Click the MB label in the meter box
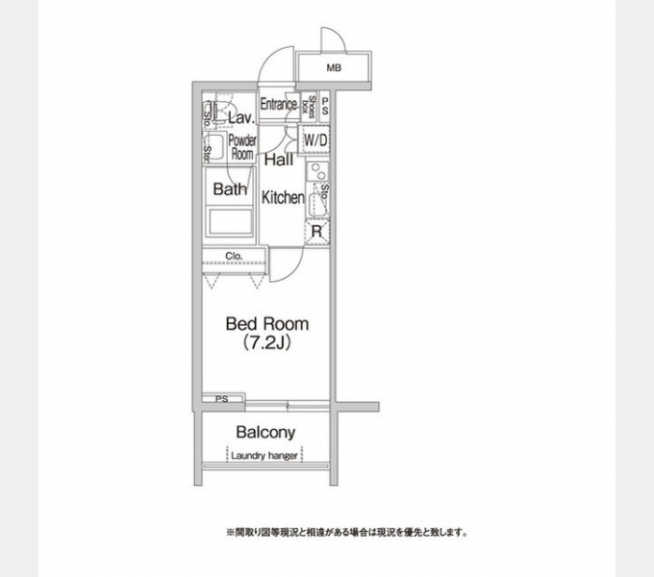coord(333,68)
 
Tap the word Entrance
coord(278,105)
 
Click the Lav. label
coord(240,117)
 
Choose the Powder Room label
coord(241,147)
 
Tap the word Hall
coord(278,161)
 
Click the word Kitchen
coord(284,196)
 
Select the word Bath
coord(230,189)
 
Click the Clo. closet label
coord(233,256)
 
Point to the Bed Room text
coord(267,323)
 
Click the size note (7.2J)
coord(267,342)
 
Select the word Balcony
coord(265,433)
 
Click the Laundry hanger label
coord(264,455)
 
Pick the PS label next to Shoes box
coord(325,105)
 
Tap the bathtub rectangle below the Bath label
coord(230,224)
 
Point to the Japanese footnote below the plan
coord(346,531)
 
